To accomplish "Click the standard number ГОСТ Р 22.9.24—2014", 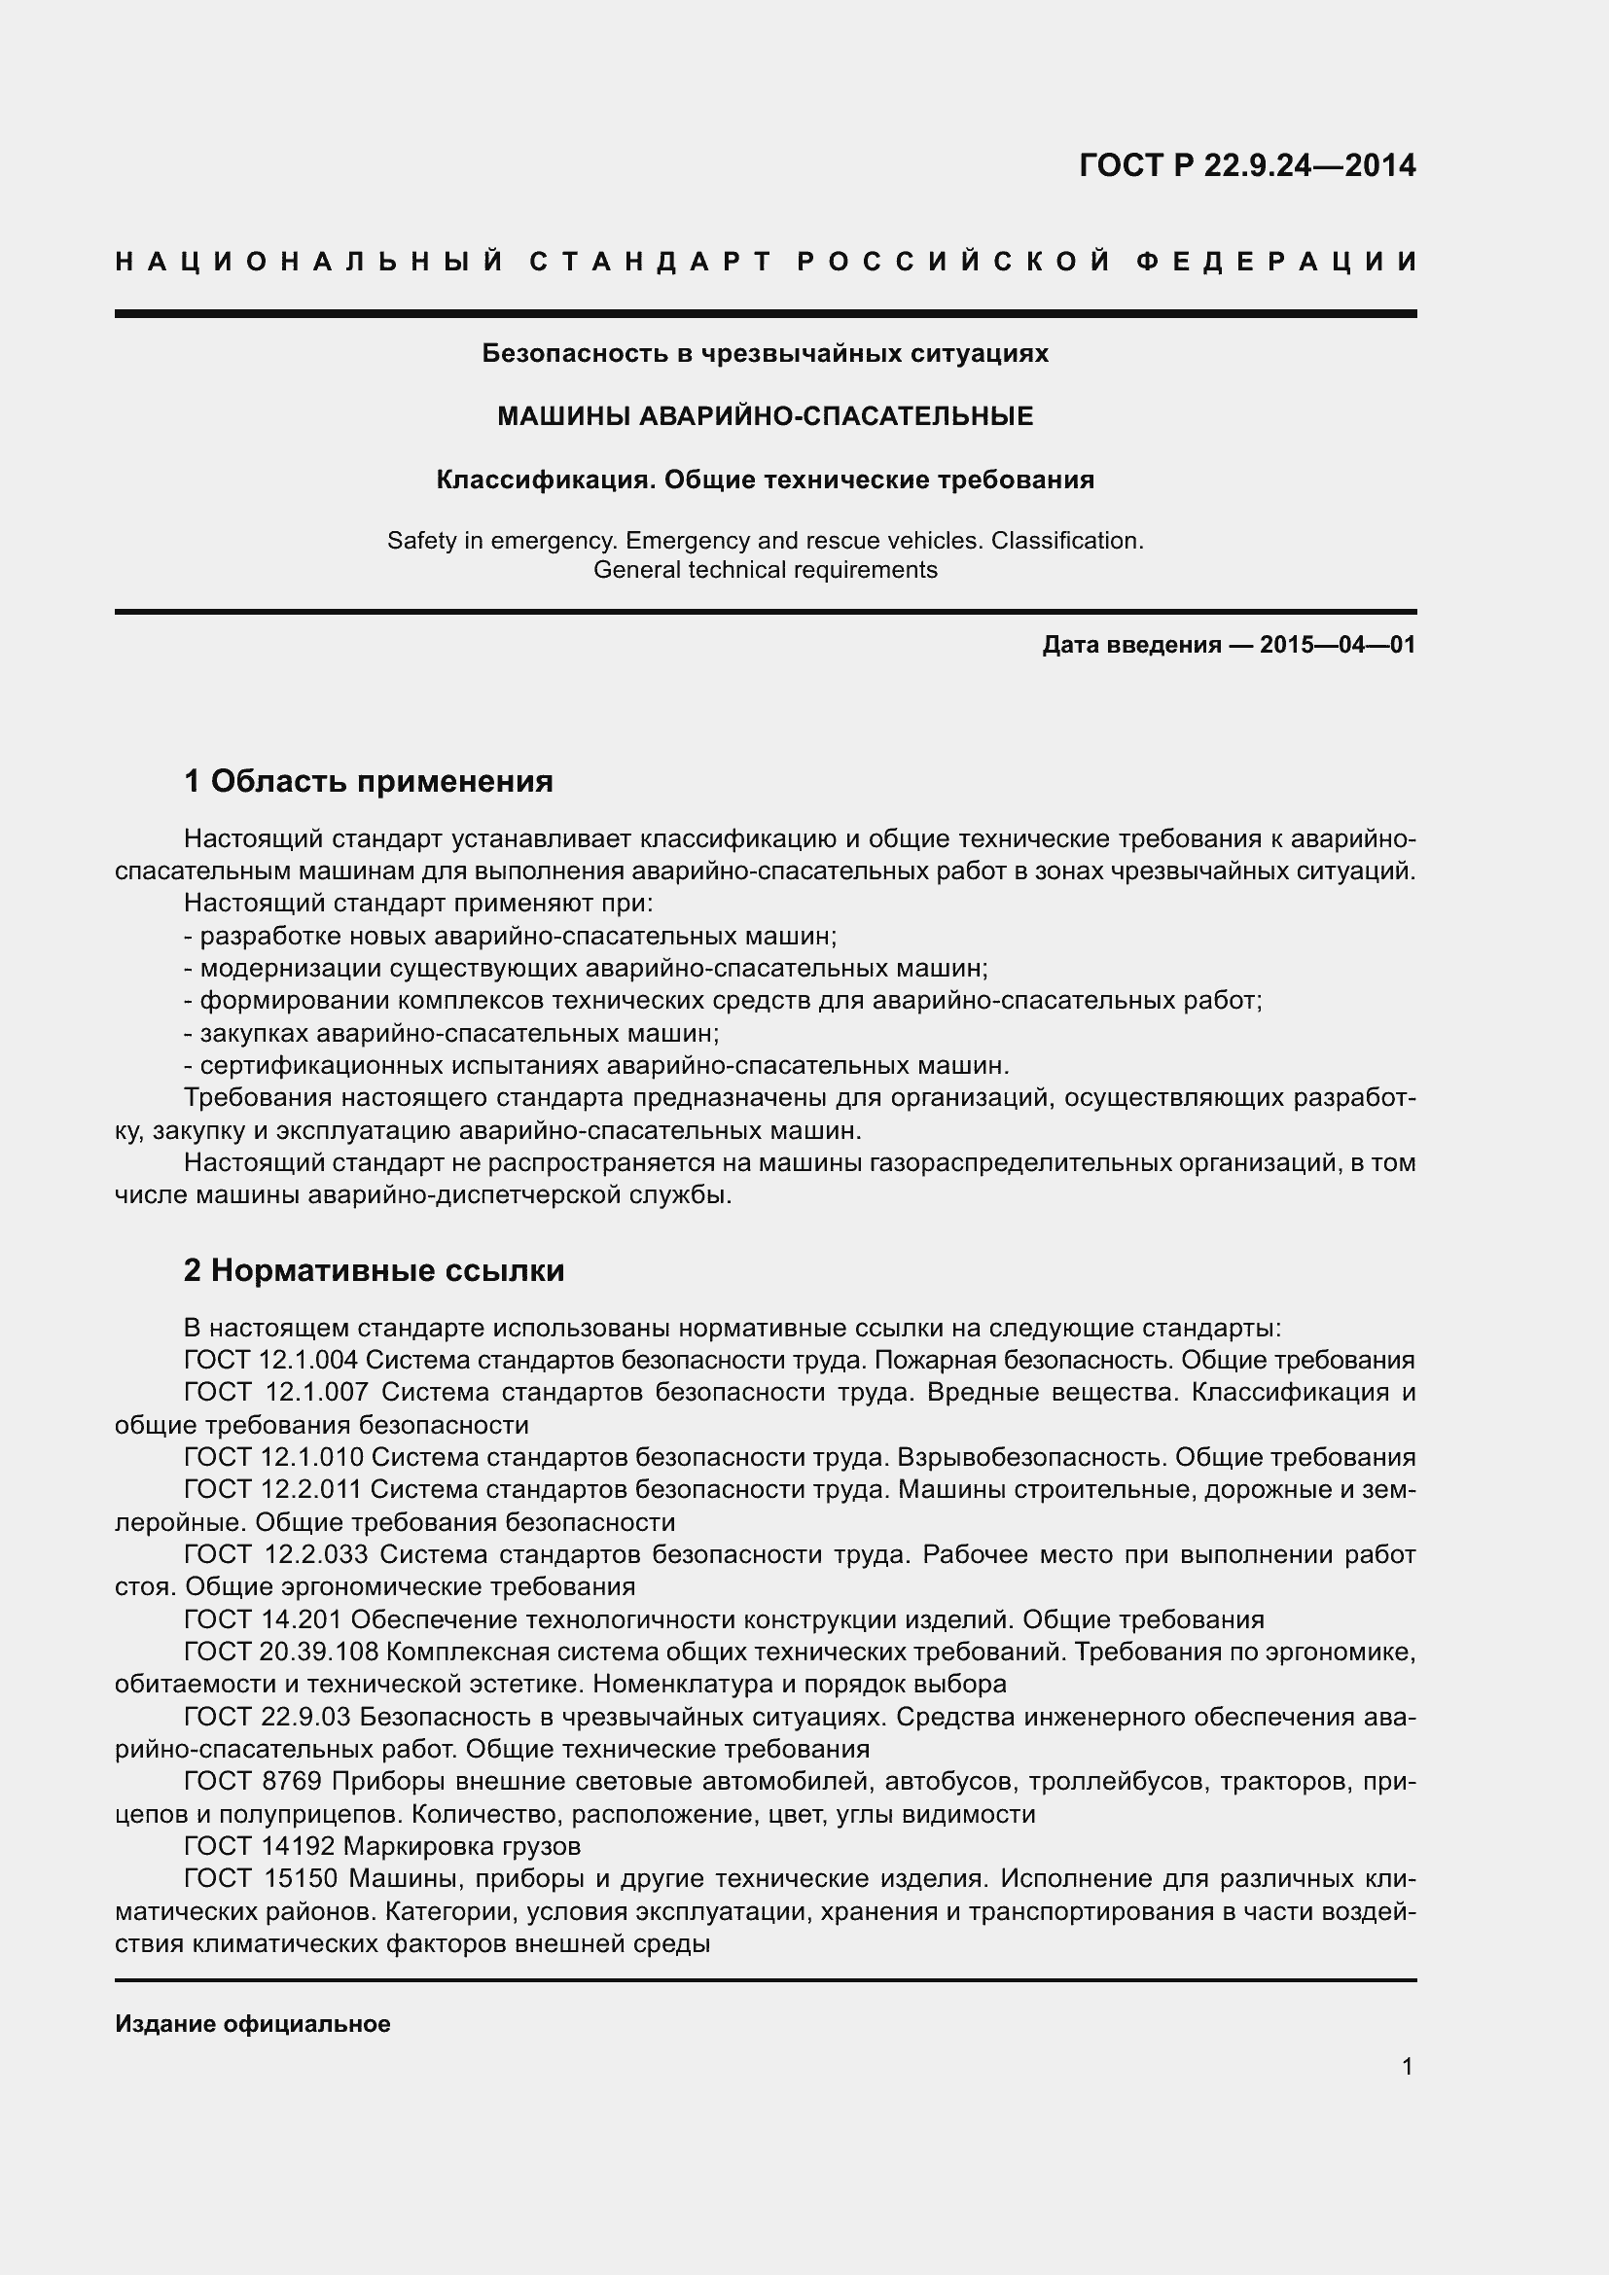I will click(x=1246, y=165).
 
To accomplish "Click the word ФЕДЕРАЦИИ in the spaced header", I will click(x=1276, y=262).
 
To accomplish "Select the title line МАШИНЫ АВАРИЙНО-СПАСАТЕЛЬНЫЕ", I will click(x=765, y=416).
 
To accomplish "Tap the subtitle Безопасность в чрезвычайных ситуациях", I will click(x=765, y=353).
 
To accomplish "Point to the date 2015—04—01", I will click(x=1338, y=645).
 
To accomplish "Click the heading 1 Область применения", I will click(x=369, y=781).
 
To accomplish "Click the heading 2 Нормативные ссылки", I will click(x=375, y=1269).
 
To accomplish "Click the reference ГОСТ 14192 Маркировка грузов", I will click(x=382, y=1846).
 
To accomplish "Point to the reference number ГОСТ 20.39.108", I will click(x=274, y=1652).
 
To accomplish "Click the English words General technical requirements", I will click(x=765, y=570).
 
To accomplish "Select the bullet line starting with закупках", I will click(x=451, y=1034).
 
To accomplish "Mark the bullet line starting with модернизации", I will click(x=587, y=968).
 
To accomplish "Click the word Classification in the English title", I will click(x=1066, y=541).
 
